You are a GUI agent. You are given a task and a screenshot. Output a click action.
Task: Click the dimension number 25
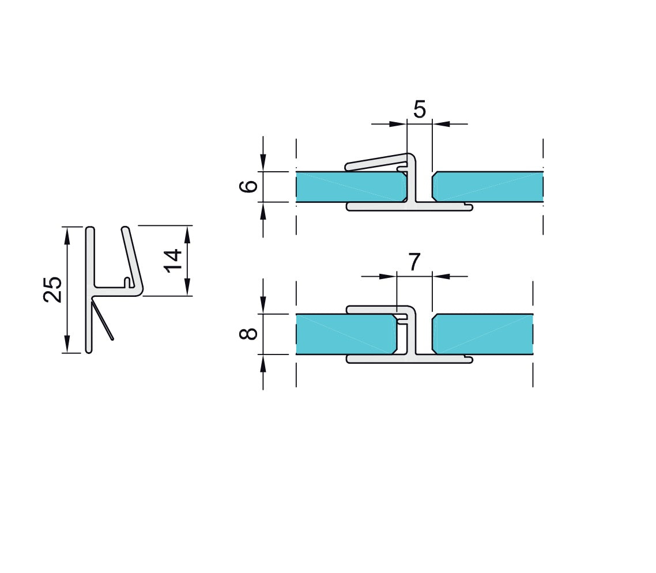tap(52, 289)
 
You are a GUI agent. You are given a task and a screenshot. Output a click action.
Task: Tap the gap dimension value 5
tap(420, 108)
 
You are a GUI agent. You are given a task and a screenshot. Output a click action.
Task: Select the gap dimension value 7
tap(414, 262)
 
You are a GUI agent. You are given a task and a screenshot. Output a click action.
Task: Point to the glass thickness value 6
tap(248, 187)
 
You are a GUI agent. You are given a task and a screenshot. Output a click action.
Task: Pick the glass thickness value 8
tap(248, 334)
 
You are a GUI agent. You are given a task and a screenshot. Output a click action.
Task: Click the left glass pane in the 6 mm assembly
tap(346, 187)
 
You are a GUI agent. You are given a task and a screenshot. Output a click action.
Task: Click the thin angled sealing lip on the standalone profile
tap(103, 322)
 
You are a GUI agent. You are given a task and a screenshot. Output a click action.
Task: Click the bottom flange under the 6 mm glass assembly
tap(409, 206)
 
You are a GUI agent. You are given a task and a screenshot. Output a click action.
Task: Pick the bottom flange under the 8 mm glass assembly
tap(409, 360)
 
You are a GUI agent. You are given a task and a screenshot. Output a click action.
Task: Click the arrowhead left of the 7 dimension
tap(389, 277)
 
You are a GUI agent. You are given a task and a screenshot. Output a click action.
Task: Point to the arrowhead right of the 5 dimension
tap(441, 123)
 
